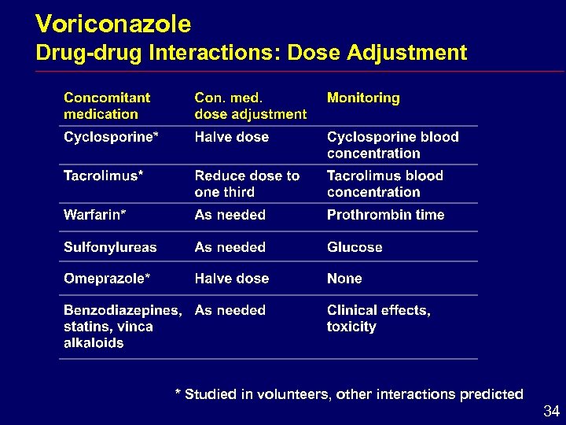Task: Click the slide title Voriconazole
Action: tap(113, 24)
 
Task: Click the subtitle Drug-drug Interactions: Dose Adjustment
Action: tap(252, 53)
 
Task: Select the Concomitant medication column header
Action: tap(107, 106)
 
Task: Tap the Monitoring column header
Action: tap(363, 98)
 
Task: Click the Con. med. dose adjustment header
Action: tap(250, 106)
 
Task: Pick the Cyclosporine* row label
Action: tap(111, 137)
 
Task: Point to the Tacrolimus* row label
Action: tap(103, 176)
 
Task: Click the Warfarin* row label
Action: tap(95, 215)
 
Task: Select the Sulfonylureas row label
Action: tap(110, 247)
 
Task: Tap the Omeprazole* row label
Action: tap(107, 279)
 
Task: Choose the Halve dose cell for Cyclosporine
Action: tap(232, 137)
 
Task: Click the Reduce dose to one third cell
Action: tap(247, 183)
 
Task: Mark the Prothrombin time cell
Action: tap(385, 215)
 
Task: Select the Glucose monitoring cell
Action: tap(355, 247)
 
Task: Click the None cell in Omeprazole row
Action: tap(344, 279)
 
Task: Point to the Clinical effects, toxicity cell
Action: tap(378, 318)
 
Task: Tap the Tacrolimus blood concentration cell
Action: tap(384, 183)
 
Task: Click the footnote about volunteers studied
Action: tap(348, 394)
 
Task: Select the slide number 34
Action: tap(551, 411)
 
